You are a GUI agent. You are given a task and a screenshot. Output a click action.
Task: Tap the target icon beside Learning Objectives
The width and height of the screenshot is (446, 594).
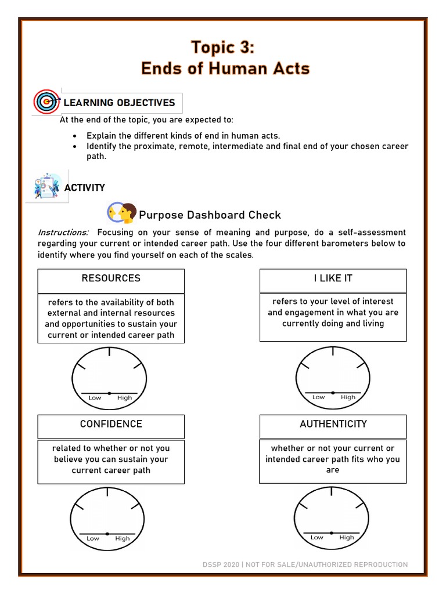[46, 102]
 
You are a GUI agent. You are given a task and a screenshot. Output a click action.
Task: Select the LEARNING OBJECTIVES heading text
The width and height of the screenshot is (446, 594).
[119, 103]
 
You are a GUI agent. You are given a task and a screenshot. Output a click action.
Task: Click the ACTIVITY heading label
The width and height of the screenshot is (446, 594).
[85, 187]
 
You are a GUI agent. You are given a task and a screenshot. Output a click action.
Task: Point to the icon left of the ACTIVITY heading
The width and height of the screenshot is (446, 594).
[47, 186]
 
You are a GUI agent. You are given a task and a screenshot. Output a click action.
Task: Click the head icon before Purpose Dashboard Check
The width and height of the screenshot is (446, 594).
[122, 213]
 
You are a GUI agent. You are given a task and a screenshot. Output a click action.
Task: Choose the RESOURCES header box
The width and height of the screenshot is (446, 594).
[111, 278]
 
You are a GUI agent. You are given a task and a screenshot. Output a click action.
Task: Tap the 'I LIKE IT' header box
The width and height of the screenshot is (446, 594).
[333, 278]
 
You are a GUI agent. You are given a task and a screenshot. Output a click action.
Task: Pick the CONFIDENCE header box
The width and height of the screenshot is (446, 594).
[111, 424]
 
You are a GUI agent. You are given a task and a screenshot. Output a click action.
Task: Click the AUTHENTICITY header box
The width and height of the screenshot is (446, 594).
[333, 424]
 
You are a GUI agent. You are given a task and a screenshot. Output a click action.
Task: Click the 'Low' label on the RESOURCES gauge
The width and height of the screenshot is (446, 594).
[95, 398]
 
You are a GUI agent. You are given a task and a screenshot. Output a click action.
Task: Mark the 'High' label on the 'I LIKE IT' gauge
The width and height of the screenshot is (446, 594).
[348, 397]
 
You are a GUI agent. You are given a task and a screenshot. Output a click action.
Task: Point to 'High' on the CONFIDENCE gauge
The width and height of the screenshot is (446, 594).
[123, 538]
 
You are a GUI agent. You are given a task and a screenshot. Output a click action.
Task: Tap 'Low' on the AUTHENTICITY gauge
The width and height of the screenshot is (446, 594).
[317, 538]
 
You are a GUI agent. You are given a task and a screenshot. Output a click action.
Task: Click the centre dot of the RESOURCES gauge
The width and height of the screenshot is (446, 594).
[109, 393]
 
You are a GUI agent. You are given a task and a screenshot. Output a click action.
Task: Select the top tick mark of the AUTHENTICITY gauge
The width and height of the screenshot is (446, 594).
[332, 492]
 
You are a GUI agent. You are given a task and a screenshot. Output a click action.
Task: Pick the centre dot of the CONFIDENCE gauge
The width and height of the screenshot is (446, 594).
[107, 533]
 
